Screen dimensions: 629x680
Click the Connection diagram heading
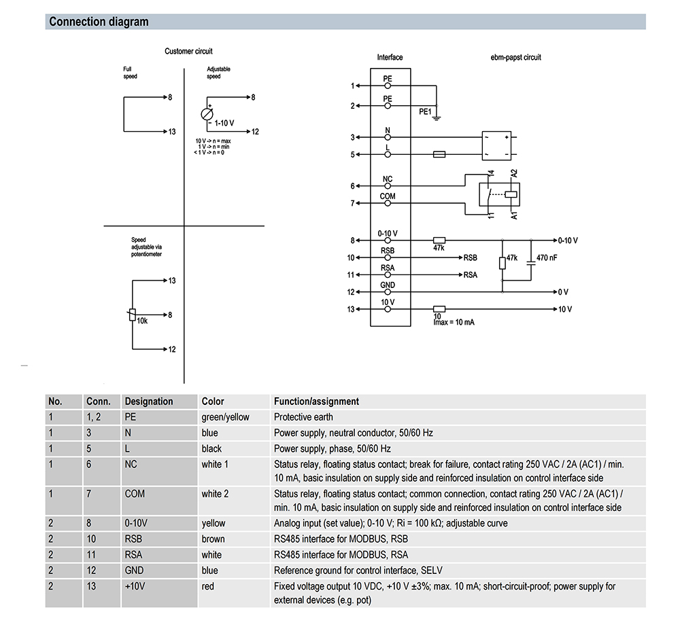point(99,22)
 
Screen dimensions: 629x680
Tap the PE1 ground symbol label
point(425,111)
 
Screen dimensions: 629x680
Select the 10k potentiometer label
point(142,320)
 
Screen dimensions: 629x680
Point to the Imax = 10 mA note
point(454,322)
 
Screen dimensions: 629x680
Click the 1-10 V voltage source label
point(224,124)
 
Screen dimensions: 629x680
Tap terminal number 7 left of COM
point(352,203)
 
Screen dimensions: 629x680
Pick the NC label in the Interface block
point(388,180)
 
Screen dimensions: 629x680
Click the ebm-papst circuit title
point(516,58)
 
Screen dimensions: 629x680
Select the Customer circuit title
point(188,52)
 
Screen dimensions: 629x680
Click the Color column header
point(213,401)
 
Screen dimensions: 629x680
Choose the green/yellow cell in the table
point(225,417)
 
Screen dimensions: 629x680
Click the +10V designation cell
point(135,586)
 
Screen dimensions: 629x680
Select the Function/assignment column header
point(316,401)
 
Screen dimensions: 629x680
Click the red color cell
point(207,586)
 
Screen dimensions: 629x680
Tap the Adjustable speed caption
point(218,73)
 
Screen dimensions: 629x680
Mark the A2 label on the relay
point(514,173)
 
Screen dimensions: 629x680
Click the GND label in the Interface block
point(388,285)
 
